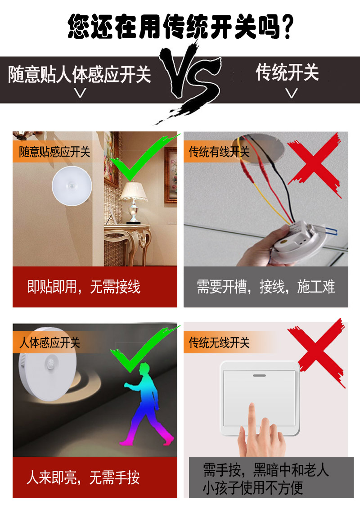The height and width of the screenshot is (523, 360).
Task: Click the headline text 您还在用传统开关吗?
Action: tap(180, 27)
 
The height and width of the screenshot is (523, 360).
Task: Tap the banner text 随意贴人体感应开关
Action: tap(80, 74)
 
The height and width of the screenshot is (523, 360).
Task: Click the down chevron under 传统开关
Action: tap(292, 93)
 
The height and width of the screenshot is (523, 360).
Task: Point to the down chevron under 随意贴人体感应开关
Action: tap(80, 93)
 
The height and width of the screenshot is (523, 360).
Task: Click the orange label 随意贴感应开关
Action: tap(54, 152)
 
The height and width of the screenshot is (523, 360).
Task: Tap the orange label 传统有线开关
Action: tap(219, 152)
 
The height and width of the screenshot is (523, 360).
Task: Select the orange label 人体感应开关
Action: tap(49, 343)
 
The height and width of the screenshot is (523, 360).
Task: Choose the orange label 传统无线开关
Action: tap(219, 343)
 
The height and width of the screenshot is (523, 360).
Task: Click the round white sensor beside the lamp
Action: tap(72, 186)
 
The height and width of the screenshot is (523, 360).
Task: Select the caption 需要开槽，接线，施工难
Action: tap(266, 287)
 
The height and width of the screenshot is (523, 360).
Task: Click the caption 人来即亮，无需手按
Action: tap(83, 478)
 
